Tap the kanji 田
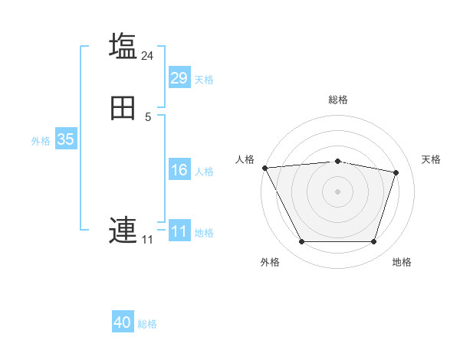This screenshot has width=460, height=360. click(x=123, y=109)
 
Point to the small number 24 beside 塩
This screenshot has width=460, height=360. click(x=148, y=55)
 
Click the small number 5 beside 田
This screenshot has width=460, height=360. click(x=148, y=116)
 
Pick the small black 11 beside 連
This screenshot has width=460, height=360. click(x=147, y=240)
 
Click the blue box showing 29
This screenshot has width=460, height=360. click(x=179, y=78)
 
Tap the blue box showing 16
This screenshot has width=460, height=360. click(x=179, y=170)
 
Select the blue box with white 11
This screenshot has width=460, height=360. click(x=179, y=231)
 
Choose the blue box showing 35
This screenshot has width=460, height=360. click(x=65, y=139)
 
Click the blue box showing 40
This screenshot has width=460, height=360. click(x=123, y=322)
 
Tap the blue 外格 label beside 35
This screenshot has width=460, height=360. click(x=41, y=141)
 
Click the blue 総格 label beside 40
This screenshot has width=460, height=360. click(x=147, y=324)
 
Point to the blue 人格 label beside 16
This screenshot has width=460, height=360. click(x=204, y=172)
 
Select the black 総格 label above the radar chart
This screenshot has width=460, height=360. click(x=337, y=100)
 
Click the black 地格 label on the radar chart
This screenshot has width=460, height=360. click(x=402, y=262)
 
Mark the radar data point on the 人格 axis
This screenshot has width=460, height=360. click(x=264, y=168)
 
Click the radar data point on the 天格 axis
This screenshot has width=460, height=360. click(x=396, y=172)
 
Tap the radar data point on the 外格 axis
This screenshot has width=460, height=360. click(x=301, y=242)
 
